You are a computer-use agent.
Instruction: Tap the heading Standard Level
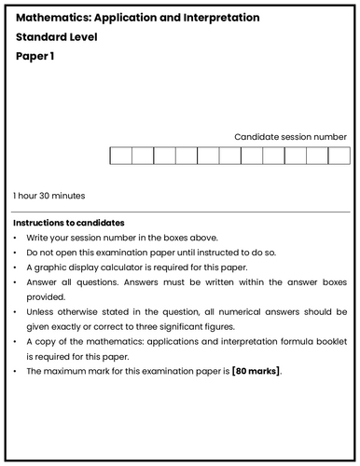[x=57, y=37]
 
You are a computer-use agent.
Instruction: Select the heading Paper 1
[x=36, y=56]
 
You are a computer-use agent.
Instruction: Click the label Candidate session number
[x=290, y=136]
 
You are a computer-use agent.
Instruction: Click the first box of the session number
[x=120, y=155]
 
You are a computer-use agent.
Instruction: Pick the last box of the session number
[x=338, y=155]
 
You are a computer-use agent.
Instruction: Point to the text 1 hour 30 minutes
[x=48, y=196]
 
